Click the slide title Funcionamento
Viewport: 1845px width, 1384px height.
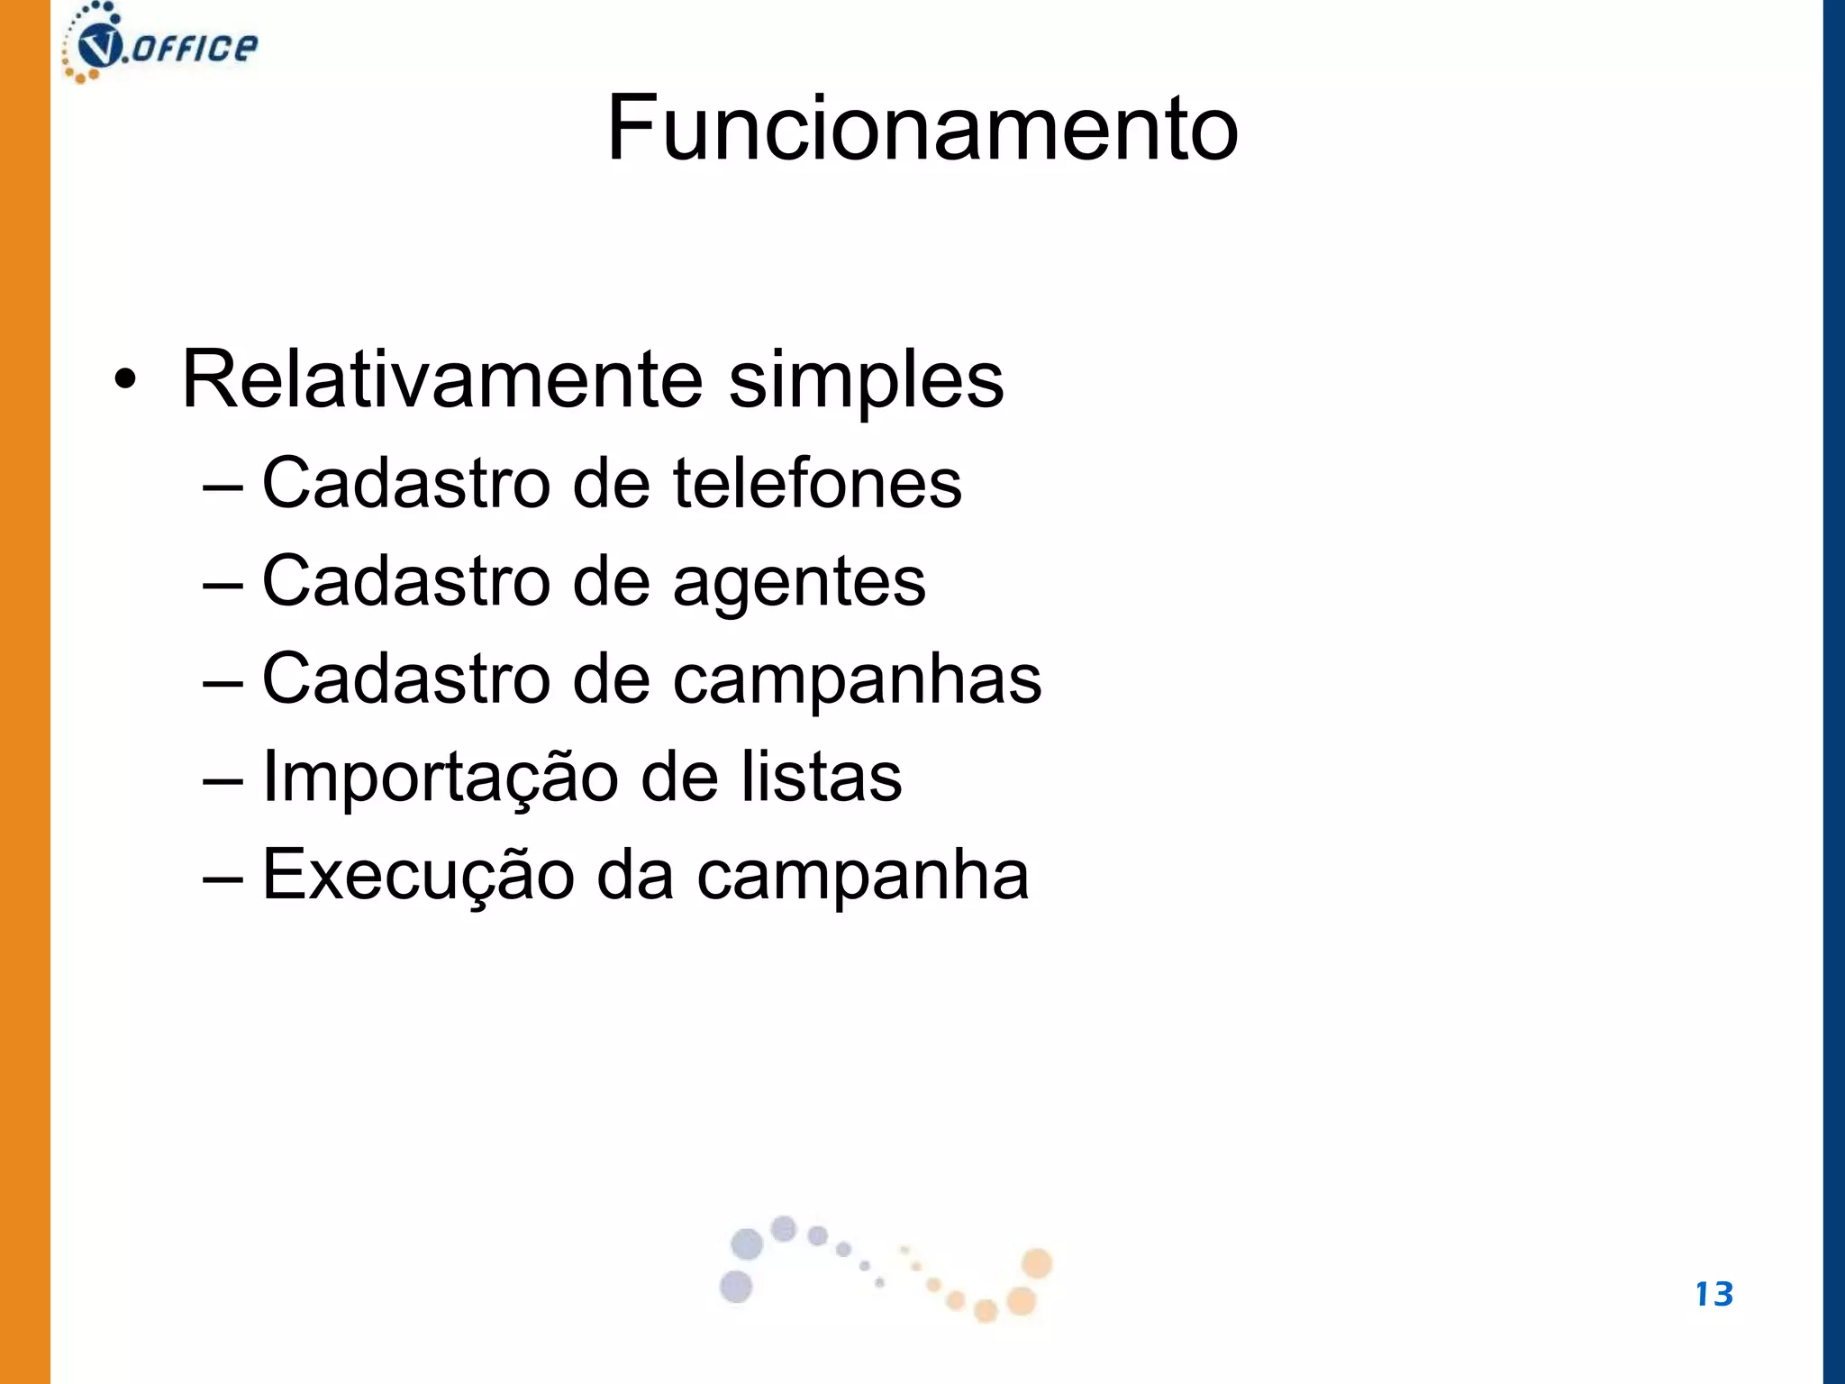(922, 128)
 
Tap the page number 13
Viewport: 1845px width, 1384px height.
(1713, 1294)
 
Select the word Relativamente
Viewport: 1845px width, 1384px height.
(441, 378)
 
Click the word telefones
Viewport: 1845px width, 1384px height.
(817, 483)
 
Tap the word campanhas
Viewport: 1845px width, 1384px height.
(857, 679)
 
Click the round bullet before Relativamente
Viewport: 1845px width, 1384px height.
(125, 380)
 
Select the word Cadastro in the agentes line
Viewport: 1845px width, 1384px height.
(405, 581)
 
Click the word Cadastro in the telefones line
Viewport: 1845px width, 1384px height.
(405, 483)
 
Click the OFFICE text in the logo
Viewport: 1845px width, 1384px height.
(194, 48)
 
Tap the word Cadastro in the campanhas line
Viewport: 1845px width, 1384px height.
(405, 679)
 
